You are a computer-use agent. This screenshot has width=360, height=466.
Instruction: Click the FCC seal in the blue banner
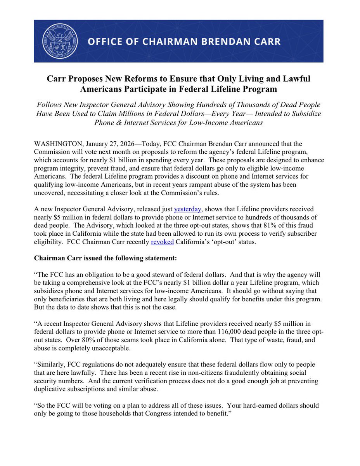[x=60, y=41]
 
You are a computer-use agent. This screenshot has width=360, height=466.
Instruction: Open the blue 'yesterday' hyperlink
[x=188, y=209]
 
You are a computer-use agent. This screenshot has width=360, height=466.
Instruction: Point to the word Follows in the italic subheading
[x=48, y=105]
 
